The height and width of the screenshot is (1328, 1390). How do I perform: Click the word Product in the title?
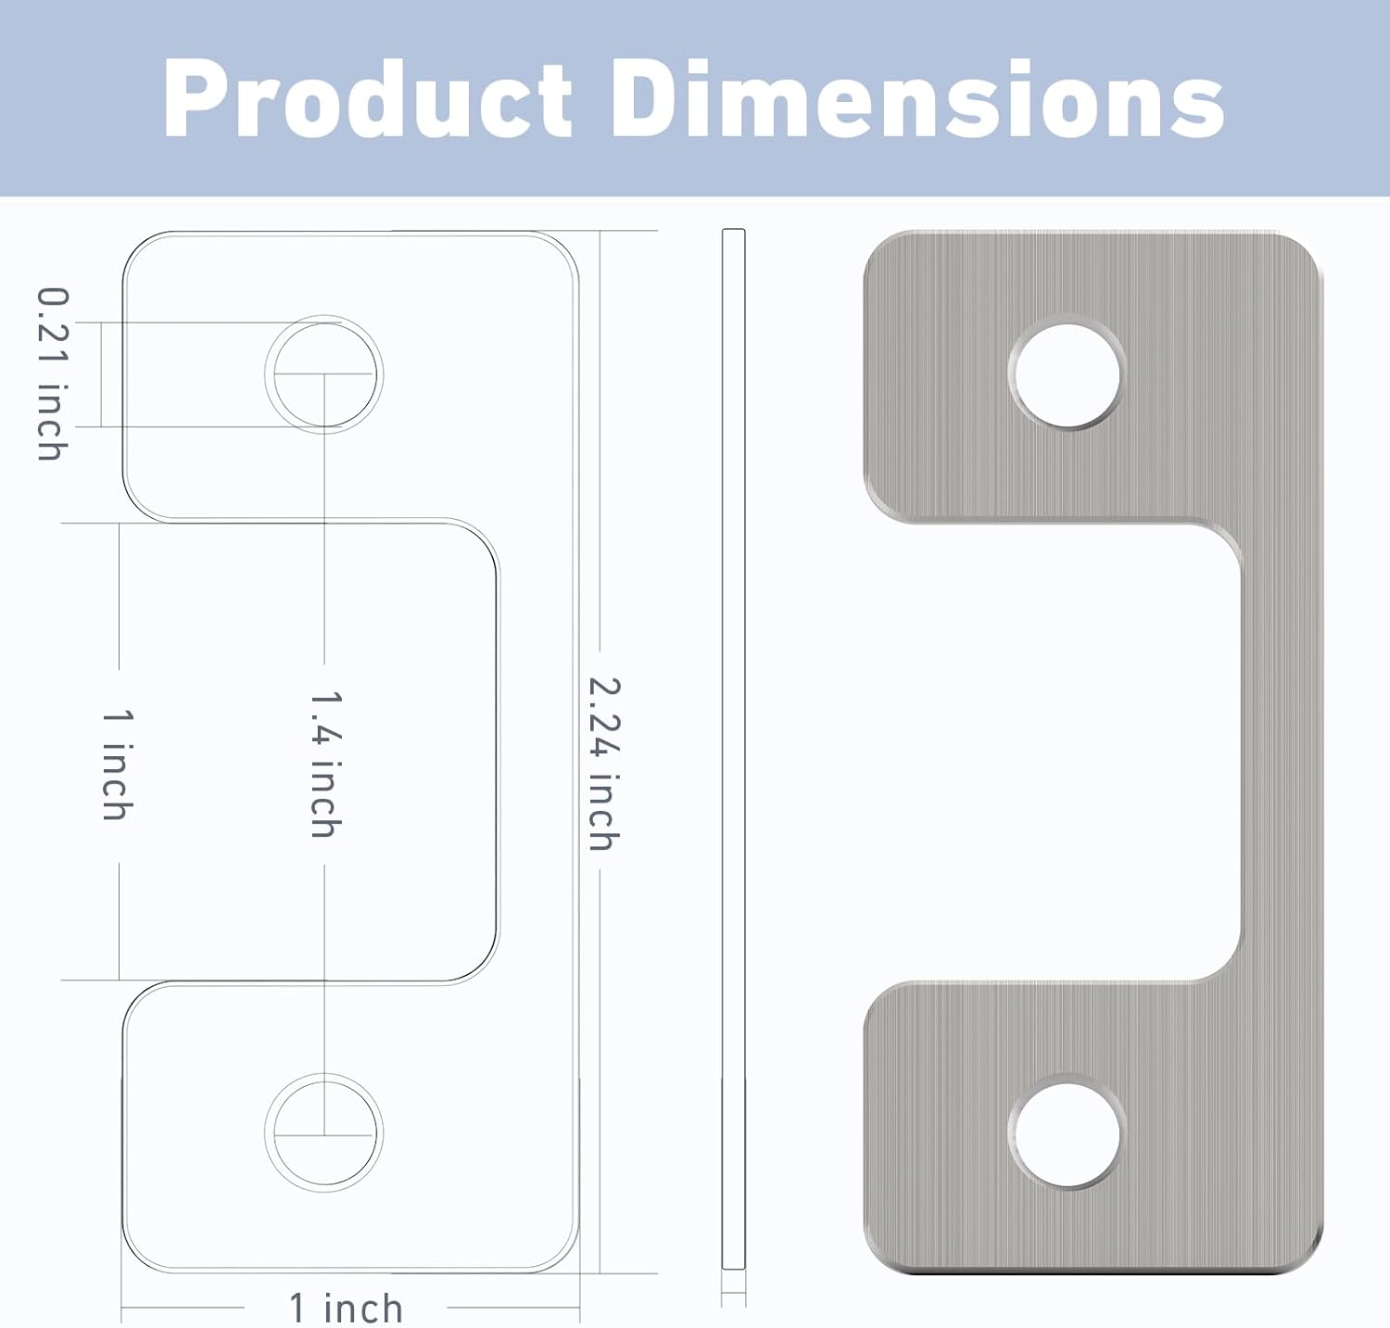[x=367, y=99]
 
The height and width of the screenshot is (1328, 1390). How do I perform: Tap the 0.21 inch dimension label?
[x=53, y=373]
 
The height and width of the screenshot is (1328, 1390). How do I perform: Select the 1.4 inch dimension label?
[x=325, y=764]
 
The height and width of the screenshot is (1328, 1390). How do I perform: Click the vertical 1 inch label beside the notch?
[x=118, y=765]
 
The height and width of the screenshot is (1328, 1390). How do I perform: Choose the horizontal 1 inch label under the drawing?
[x=346, y=1308]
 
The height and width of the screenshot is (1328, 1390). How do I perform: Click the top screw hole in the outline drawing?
[x=323, y=374]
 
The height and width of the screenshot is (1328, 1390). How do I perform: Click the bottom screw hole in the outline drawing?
[x=323, y=1133]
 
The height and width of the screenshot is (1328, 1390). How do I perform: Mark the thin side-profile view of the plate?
[x=733, y=751]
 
